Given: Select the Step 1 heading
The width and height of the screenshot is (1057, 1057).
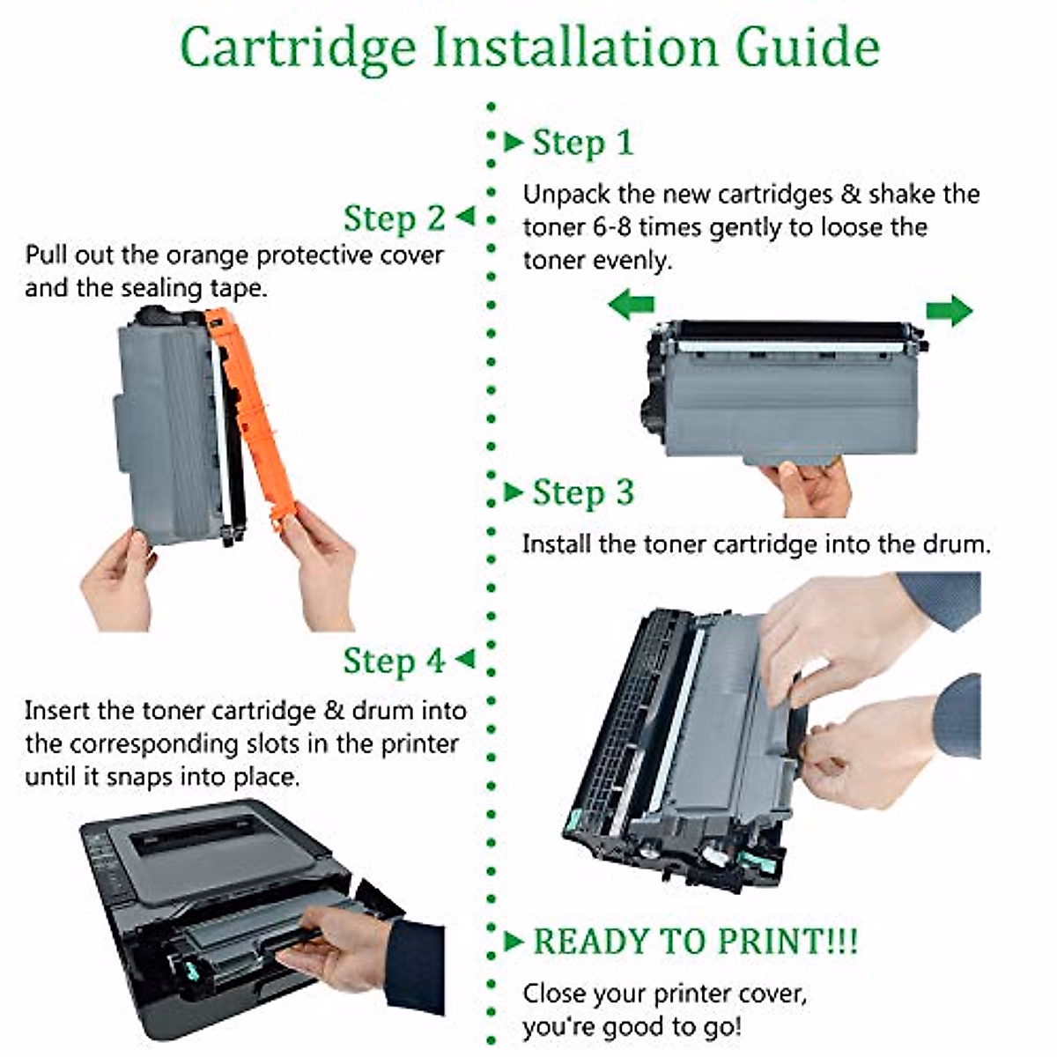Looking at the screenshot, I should click(x=582, y=143).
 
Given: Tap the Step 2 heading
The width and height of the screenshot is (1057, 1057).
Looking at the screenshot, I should click(x=394, y=218).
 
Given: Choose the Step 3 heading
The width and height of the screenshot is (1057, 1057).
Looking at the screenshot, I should click(x=582, y=492).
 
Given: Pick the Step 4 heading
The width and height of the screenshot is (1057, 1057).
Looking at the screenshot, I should click(x=394, y=661).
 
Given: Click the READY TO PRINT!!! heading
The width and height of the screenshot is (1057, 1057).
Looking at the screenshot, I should click(x=695, y=942).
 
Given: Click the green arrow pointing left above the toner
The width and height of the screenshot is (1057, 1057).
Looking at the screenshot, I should click(x=632, y=307).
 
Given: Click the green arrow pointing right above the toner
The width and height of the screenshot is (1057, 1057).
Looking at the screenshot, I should click(x=949, y=310).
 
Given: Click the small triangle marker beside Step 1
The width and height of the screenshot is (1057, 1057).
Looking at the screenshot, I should click(x=514, y=142).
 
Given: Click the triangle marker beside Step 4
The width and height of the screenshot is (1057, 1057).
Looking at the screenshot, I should click(x=464, y=659).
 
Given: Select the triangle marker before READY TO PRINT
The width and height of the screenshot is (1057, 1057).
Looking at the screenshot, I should click(x=514, y=942).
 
